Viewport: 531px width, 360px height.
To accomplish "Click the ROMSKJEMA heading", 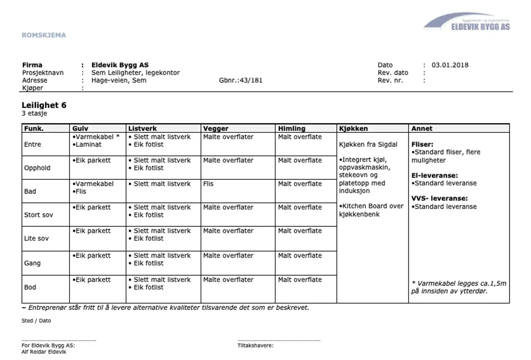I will tap(44, 35).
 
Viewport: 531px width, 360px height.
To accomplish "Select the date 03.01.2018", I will tap(450, 65).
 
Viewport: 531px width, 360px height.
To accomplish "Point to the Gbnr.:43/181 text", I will tap(241, 81).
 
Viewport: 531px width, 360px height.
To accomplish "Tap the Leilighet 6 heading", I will tap(44, 105).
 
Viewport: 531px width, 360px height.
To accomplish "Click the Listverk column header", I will tap(142, 128).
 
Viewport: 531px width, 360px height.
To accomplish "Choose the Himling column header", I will tap(292, 128).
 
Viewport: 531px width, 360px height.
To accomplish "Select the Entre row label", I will tap(32, 144).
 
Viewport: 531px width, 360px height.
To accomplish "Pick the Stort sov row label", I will tap(38, 215).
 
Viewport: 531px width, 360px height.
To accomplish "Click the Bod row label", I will tap(30, 287).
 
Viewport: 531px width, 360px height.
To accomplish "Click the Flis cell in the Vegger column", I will tap(208, 184).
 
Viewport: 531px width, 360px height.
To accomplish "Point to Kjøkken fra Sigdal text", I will tap(368, 144).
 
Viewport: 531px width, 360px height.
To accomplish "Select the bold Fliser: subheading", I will tap(422, 144).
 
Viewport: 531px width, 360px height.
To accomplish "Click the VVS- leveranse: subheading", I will tap(439, 199).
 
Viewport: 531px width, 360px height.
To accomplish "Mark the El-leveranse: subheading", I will tap(435, 175).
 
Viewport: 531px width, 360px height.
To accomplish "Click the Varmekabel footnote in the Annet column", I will tap(458, 287).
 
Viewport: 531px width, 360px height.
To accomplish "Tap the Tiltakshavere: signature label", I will tap(255, 345).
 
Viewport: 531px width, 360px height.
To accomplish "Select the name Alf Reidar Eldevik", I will tap(44, 352).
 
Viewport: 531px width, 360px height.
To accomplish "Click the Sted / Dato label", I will tap(36, 321).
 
